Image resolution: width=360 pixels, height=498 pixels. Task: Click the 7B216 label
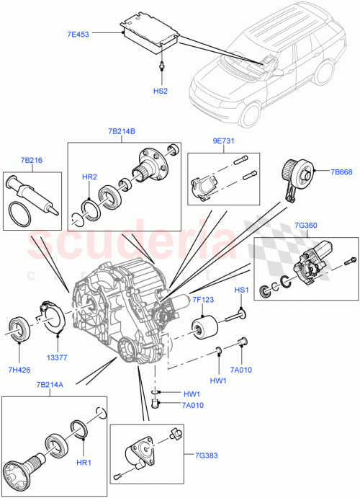pyautogui.click(x=31, y=159)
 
